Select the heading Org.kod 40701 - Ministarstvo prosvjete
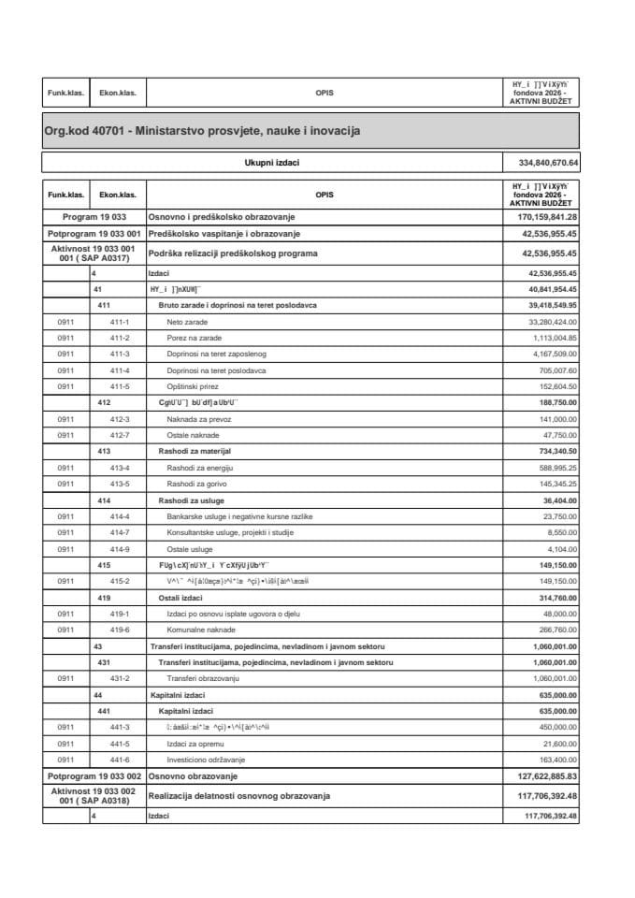pos(202,132)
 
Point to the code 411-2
pos(119,337)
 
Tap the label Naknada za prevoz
pos(200,419)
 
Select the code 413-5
pos(119,484)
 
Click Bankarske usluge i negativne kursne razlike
pos(239,516)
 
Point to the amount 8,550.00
pos(561,532)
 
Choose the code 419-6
pos(119,630)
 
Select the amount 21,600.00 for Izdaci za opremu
pos(559,744)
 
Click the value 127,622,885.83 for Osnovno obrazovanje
pos(541,776)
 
